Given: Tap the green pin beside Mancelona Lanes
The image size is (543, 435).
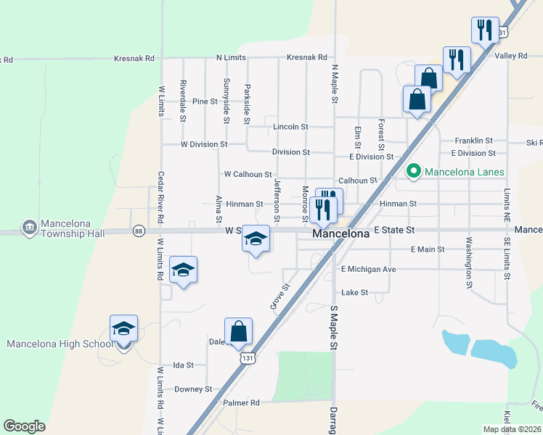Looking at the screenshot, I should [x=414, y=172].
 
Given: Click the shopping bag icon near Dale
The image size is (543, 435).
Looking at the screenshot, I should [x=238, y=332].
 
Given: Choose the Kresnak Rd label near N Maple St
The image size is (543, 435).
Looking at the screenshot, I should [x=306, y=57].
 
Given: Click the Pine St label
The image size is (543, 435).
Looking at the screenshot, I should [x=205, y=101].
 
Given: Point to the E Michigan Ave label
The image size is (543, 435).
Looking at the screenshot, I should [x=369, y=270].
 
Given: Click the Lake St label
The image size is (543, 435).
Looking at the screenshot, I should [x=355, y=293].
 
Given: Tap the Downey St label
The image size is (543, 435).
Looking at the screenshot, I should [x=193, y=389].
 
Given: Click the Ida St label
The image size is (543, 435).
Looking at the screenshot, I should [x=183, y=365].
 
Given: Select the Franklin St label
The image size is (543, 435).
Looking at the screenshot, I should [x=473, y=141].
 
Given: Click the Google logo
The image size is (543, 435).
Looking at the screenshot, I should [x=24, y=426].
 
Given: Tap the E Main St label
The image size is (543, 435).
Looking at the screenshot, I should [x=427, y=249].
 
